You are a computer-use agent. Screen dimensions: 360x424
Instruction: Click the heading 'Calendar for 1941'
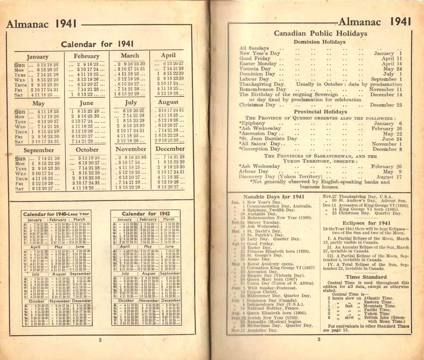point(97,44)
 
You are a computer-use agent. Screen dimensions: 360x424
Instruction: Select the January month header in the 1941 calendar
point(37,57)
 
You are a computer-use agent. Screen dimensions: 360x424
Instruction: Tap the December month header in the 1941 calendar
point(170,149)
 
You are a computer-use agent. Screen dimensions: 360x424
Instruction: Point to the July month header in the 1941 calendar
point(131,102)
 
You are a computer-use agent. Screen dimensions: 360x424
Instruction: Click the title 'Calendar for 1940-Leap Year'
point(56,214)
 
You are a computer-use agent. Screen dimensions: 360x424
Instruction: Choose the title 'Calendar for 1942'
point(145,214)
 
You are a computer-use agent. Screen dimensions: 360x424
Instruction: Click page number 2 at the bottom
point(100,339)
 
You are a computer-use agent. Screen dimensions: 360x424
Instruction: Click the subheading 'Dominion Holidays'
point(320,42)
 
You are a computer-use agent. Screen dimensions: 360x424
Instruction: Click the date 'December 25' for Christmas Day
point(385,105)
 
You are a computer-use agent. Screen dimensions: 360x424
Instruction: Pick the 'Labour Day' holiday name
point(254,79)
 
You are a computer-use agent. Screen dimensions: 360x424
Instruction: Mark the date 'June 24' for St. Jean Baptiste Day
point(392,138)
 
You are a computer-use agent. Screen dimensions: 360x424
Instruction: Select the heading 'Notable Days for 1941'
point(274,197)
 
